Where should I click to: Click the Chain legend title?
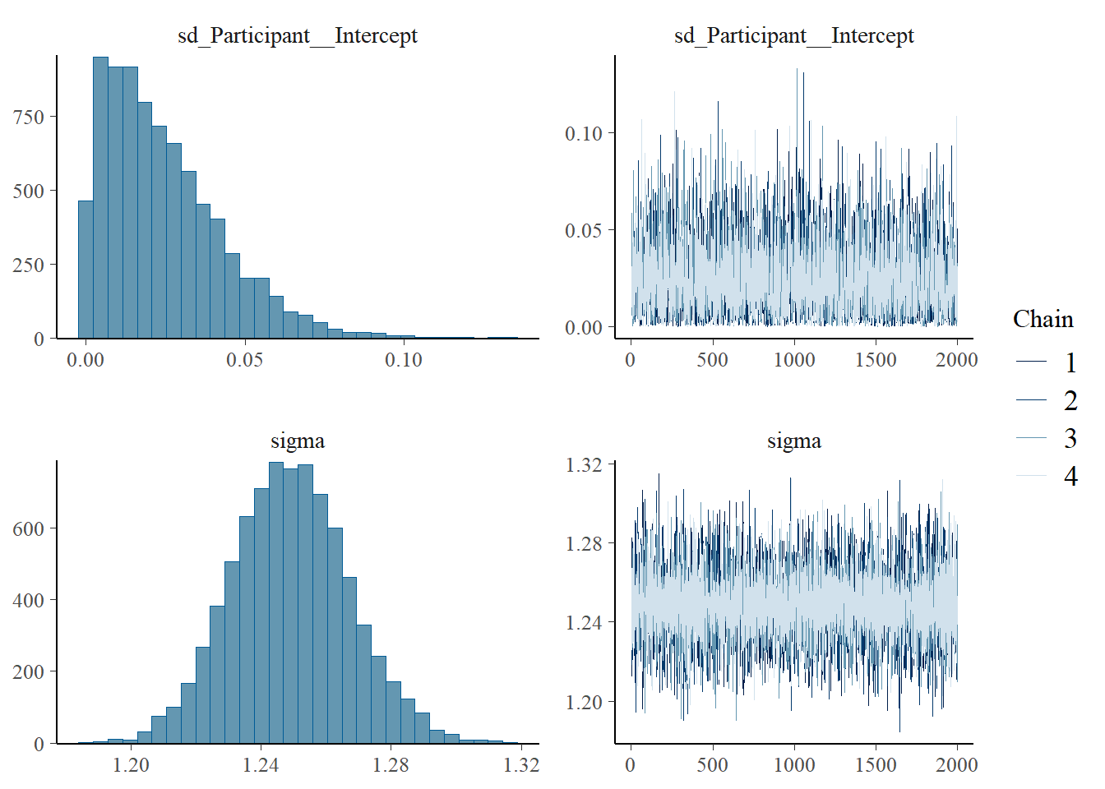point(1043,319)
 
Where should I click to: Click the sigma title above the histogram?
point(298,441)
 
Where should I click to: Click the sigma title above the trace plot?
point(793,441)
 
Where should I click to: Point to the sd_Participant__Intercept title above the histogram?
point(298,36)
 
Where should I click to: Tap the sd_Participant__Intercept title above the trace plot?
point(793,36)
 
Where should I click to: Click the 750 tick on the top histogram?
point(29,117)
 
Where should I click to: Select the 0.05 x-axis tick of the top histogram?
point(244,360)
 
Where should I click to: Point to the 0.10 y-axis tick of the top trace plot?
point(584,133)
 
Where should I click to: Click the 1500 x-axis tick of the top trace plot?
point(876,360)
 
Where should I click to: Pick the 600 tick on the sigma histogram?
point(29,529)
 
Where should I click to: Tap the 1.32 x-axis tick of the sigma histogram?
point(521,765)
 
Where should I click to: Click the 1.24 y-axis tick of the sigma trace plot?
point(584,623)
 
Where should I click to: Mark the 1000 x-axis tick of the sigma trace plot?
point(794,765)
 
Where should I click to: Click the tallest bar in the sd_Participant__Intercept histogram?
point(100,197)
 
